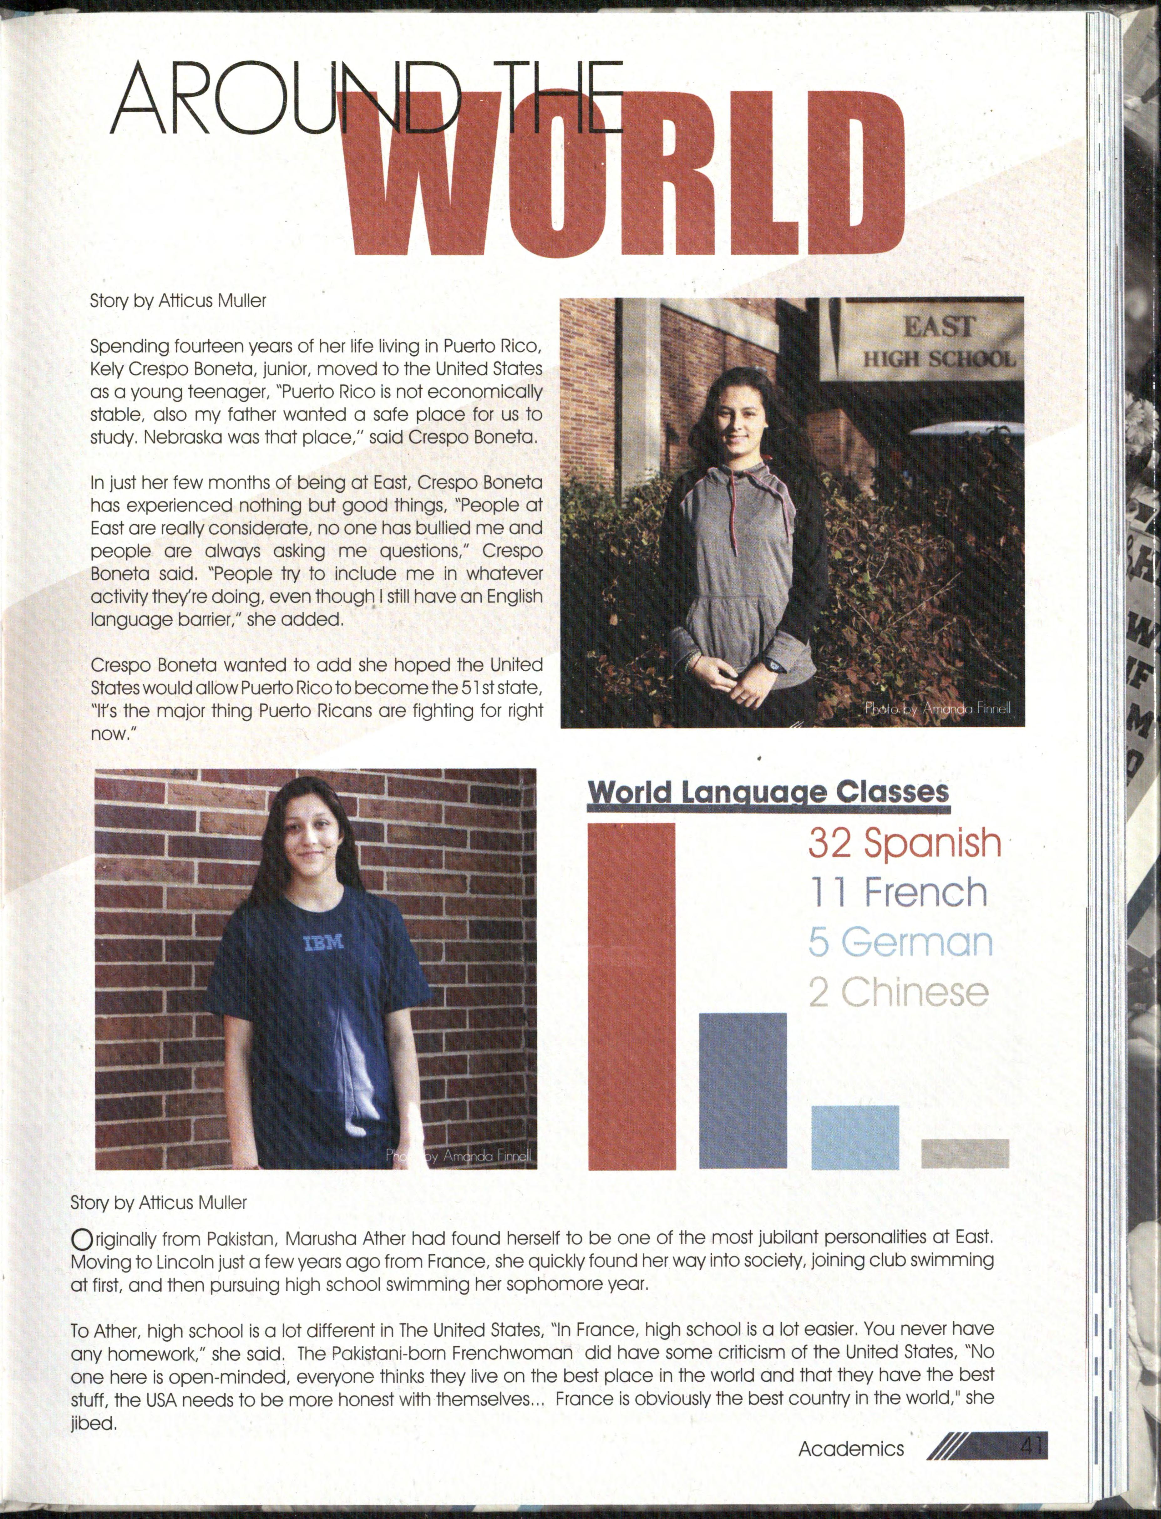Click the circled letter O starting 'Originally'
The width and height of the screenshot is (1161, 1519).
click(82, 1239)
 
